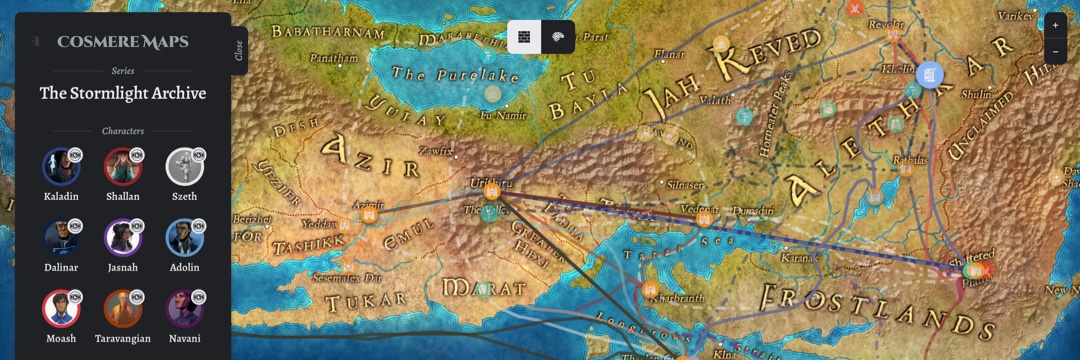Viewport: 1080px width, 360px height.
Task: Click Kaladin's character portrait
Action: pyautogui.click(x=61, y=166)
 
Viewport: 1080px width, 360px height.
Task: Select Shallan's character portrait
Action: pyautogui.click(x=123, y=166)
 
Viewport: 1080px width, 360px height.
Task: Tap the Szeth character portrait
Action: pyautogui.click(x=184, y=166)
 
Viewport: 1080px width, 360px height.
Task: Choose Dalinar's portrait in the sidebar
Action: pyautogui.click(x=61, y=237)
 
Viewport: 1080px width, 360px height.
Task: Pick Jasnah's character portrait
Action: pyautogui.click(x=123, y=237)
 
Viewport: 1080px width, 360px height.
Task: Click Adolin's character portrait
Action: pyautogui.click(x=184, y=237)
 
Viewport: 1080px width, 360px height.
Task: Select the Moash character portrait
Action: pyautogui.click(x=61, y=308)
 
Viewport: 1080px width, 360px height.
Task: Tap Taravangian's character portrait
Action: pyautogui.click(x=123, y=308)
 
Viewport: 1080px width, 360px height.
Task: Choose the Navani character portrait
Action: pyautogui.click(x=184, y=308)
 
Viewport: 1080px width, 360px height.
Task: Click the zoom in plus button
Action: pyautogui.click(x=1056, y=26)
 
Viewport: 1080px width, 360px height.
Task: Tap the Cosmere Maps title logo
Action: pyautogui.click(x=122, y=42)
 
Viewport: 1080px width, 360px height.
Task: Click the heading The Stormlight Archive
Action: pyautogui.click(x=123, y=93)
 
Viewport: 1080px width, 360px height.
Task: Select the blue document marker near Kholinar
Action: pyautogui.click(x=930, y=75)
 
